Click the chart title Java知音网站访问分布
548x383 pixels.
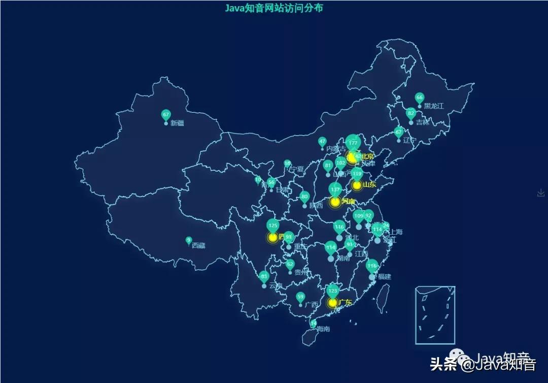pyautogui.click(x=274, y=8)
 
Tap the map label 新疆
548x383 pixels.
pyautogui.click(x=177, y=123)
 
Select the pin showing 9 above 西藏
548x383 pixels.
pyautogui.click(x=189, y=240)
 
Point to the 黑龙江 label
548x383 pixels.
pyautogui.click(x=434, y=106)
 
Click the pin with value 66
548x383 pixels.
pyautogui.click(x=419, y=98)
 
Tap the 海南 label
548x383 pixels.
pyautogui.click(x=323, y=329)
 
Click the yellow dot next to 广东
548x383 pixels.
pyautogui.click(x=332, y=303)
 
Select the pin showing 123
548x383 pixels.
pyautogui.click(x=333, y=291)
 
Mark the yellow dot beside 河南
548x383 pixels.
pyautogui.click(x=335, y=202)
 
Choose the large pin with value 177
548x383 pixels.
pyautogui.click(x=353, y=143)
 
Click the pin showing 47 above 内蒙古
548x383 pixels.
pyautogui.click(x=322, y=141)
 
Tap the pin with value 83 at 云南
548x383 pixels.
pyautogui.click(x=264, y=277)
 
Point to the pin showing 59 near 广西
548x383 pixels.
pyautogui.click(x=300, y=297)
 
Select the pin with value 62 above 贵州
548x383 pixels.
pyautogui.click(x=290, y=264)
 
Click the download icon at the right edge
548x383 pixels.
pyautogui.click(x=541, y=193)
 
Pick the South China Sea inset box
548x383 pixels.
pyautogui.click(x=435, y=315)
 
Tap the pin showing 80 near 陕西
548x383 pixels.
pyautogui.click(x=304, y=197)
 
